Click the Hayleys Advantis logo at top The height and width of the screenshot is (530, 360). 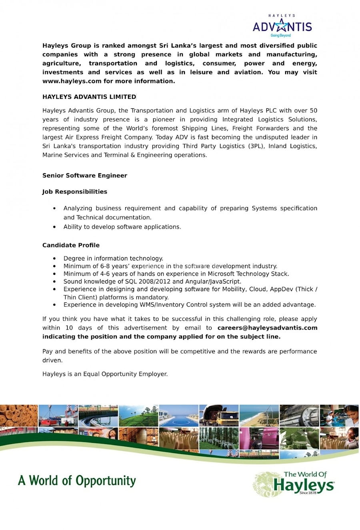282,26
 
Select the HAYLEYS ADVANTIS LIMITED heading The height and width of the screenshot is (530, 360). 89,97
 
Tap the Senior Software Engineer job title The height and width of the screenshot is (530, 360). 85,176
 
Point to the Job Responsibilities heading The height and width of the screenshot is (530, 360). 75,192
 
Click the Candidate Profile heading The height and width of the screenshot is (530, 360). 71,245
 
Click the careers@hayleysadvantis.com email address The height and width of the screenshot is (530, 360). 267,328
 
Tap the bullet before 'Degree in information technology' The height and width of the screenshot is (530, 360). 54,258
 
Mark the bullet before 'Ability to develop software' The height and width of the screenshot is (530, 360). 54,227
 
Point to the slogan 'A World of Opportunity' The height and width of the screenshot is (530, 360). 77,480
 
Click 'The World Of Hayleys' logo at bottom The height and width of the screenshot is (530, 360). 294,484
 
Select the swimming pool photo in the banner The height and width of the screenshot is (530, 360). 178,416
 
